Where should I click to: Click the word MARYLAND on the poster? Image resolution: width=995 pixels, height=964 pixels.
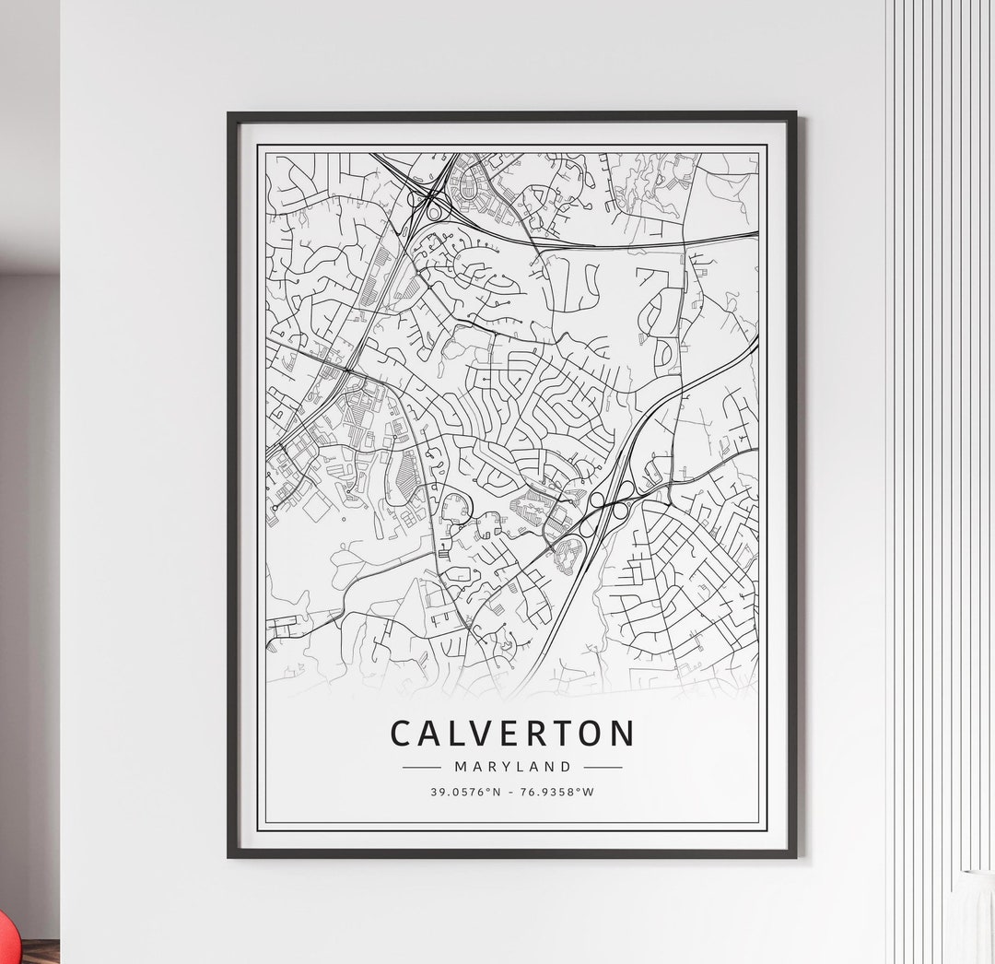[x=512, y=767]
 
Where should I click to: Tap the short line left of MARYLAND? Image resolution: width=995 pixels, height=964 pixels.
[x=422, y=767]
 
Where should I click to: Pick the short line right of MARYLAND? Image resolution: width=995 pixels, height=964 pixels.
[x=603, y=767]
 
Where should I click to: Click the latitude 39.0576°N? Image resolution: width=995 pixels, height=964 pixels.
[x=468, y=792]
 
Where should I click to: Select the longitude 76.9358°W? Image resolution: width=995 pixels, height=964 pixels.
[x=557, y=792]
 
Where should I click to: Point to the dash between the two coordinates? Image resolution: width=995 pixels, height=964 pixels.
[x=512, y=792]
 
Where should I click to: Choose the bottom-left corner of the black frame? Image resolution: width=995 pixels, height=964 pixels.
[x=230, y=855]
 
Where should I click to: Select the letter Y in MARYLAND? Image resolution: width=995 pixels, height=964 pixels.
[x=500, y=767]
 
